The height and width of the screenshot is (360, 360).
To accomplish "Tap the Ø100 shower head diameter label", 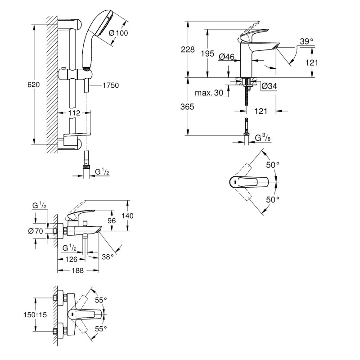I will click(x=118, y=32).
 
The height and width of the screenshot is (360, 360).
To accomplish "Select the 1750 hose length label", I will click(x=110, y=85).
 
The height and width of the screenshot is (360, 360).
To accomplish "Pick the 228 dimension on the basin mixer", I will click(x=188, y=50).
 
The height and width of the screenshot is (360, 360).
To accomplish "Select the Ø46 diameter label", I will click(x=226, y=57).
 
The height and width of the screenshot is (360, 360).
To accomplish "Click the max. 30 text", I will click(x=209, y=94).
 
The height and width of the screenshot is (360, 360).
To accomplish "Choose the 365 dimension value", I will click(x=188, y=107).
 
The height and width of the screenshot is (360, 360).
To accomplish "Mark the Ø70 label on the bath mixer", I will click(x=36, y=231).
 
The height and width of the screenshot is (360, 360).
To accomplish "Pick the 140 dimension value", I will click(x=128, y=216).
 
